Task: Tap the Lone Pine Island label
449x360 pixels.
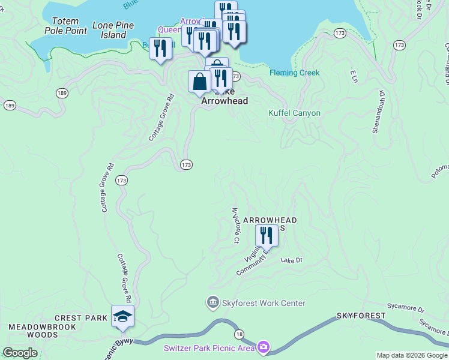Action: [113, 30]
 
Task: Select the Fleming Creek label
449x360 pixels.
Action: [295, 73]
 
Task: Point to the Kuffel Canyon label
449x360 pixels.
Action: [294, 113]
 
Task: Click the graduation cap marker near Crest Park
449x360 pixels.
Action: [122, 316]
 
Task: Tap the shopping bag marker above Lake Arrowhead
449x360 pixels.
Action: [199, 82]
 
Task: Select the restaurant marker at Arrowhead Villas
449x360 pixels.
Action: [267, 236]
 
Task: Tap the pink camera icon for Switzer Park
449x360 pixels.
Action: [263, 347]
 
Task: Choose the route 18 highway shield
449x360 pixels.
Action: [240, 334]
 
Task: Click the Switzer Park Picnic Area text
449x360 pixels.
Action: [208, 348]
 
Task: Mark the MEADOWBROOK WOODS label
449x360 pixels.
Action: [34, 331]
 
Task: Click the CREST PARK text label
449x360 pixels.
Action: [81, 318]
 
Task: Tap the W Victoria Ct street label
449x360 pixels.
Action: [237, 224]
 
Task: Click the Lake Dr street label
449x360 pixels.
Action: [292, 260]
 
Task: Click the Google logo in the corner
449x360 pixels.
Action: [20, 353]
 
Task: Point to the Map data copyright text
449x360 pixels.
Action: [412, 355]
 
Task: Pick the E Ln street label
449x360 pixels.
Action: [354, 76]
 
